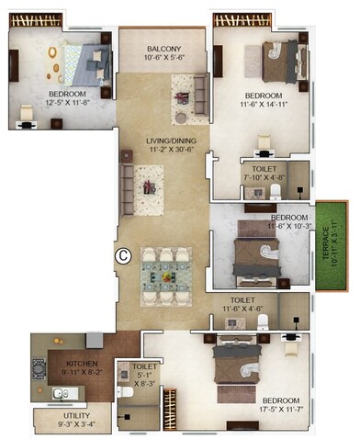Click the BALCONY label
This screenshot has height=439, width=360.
coord(161,48)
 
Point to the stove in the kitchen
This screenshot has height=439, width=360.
coord(39,370)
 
